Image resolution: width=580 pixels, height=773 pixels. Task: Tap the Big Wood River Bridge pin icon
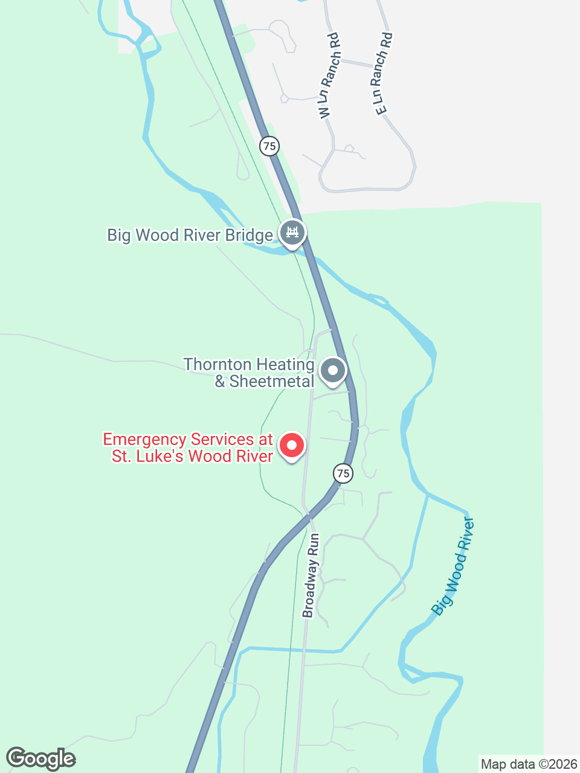(292, 233)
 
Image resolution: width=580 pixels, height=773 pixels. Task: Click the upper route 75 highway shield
(269, 146)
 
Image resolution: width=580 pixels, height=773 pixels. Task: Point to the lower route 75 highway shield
(343, 473)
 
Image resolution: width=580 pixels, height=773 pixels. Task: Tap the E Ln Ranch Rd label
(383, 74)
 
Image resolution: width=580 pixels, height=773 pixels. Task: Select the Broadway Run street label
(311, 576)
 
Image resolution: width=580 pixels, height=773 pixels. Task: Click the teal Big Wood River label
(454, 566)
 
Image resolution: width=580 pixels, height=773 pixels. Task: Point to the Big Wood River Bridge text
(190, 235)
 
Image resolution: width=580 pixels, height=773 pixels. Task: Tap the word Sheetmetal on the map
(272, 382)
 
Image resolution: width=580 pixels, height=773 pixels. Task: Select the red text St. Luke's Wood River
(192, 456)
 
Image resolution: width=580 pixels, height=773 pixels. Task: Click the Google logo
(40, 759)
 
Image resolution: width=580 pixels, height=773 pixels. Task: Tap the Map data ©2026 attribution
(529, 765)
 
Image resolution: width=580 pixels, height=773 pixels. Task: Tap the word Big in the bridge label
(118, 235)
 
